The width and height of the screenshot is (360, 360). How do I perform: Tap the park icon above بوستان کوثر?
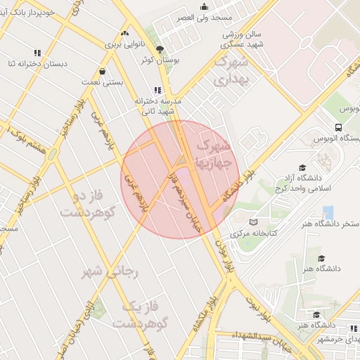[160, 49]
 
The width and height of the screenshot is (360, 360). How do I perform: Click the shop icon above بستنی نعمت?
[103, 71]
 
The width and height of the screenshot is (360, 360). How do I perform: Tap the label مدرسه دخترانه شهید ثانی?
[159, 106]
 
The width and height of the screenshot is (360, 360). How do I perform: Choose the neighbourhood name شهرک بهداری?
[231, 71]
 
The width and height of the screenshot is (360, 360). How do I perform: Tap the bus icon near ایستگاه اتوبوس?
[339, 128]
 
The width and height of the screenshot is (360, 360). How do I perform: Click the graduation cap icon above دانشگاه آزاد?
[302, 168]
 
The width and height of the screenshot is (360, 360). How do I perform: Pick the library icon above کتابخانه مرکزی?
[253, 222]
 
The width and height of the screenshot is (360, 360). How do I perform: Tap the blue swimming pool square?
[328, 212]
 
